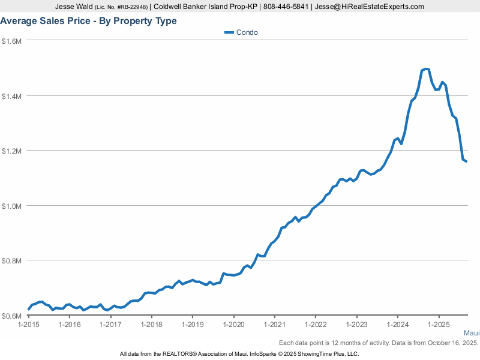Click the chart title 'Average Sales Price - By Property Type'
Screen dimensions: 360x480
point(88,21)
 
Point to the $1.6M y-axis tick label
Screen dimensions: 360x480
point(12,41)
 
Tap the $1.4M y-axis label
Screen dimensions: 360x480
point(12,96)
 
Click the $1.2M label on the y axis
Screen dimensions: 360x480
point(12,151)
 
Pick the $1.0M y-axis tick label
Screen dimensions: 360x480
point(12,206)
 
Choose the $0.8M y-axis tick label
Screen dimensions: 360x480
point(12,261)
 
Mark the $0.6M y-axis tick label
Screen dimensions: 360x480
point(12,316)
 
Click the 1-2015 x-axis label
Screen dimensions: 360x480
point(29,325)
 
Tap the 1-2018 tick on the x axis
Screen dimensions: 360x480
point(152,325)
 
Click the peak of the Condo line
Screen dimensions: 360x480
point(427,69)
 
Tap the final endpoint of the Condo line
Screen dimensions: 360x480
point(467,161)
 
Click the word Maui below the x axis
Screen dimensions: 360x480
point(472,333)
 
